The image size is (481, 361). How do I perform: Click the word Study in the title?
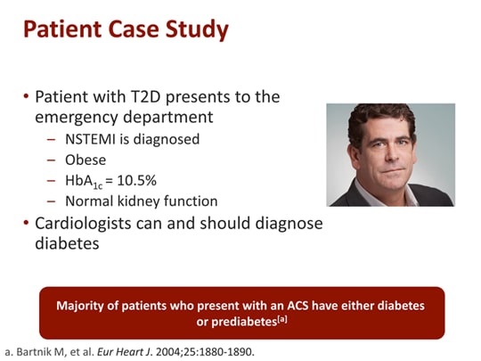pyautogui.click(x=197, y=29)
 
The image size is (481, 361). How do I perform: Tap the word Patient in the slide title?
pyautogui.click(x=62, y=29)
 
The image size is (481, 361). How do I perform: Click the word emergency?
pyautogui.click(x=77, y=118)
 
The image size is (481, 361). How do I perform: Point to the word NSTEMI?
pyautogui.click(x=90, y=139)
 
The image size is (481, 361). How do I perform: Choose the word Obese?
pyautogui.click(x=86, y=160)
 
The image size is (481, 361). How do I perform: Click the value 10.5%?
pyautogui.click(x=137, y=180)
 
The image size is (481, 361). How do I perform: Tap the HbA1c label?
pyautogui.click(x=84, y=182)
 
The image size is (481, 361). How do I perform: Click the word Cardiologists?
pyautogui.click(x=83, y=224)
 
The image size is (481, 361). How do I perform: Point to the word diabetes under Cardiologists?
pyautogui.click(x=67, y=243)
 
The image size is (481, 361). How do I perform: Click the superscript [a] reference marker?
pyautogui.click(x=282, y=320)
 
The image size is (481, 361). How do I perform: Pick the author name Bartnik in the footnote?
pyautogui.click(x=30, y=352)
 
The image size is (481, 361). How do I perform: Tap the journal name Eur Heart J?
pyautogui.click(x=125, y=352)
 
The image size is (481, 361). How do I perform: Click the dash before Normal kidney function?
pyautogui.click(x=52, y=201)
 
